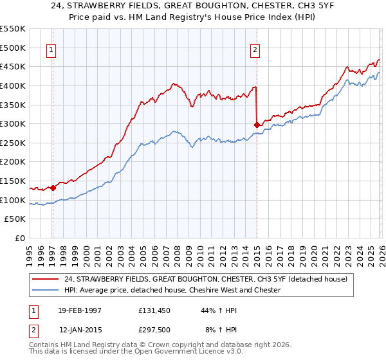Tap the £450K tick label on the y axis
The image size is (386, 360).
tap(13, 66)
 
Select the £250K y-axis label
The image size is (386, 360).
tap(13, 143)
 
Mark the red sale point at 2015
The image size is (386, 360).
tap(257, 124)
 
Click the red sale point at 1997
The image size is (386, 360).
tap(53, 188)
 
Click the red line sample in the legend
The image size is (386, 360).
tap(46, 279)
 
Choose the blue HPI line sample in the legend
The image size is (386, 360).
tap(46, 291)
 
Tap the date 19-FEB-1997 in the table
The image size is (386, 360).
tap(80, 310)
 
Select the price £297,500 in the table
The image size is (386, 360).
tap(156, 329)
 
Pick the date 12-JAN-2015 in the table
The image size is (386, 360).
tap(80, 329)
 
